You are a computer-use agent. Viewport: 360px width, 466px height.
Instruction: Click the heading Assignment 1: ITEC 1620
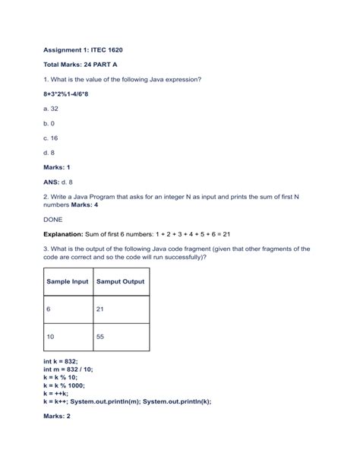point(83,49)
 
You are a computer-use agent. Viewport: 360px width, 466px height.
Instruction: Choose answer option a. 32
point(52,109)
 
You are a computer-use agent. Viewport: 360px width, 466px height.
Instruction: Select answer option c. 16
point(52,138)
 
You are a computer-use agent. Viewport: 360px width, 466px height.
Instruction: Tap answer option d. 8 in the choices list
point(49,153)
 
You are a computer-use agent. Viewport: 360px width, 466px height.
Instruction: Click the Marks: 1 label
point(58,167)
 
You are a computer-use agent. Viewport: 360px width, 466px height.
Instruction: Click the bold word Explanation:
point(67,234)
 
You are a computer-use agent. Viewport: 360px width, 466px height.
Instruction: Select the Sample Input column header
point(68,281)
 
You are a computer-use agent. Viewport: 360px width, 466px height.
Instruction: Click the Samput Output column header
point(120,281)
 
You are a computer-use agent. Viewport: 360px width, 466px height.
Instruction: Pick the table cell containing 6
point(68,309)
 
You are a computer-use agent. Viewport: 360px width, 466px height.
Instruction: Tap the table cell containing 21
point(120,309)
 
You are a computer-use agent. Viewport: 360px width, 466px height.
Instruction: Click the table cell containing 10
point(68,336)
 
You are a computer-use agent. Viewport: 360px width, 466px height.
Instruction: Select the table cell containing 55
point(120,336)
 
